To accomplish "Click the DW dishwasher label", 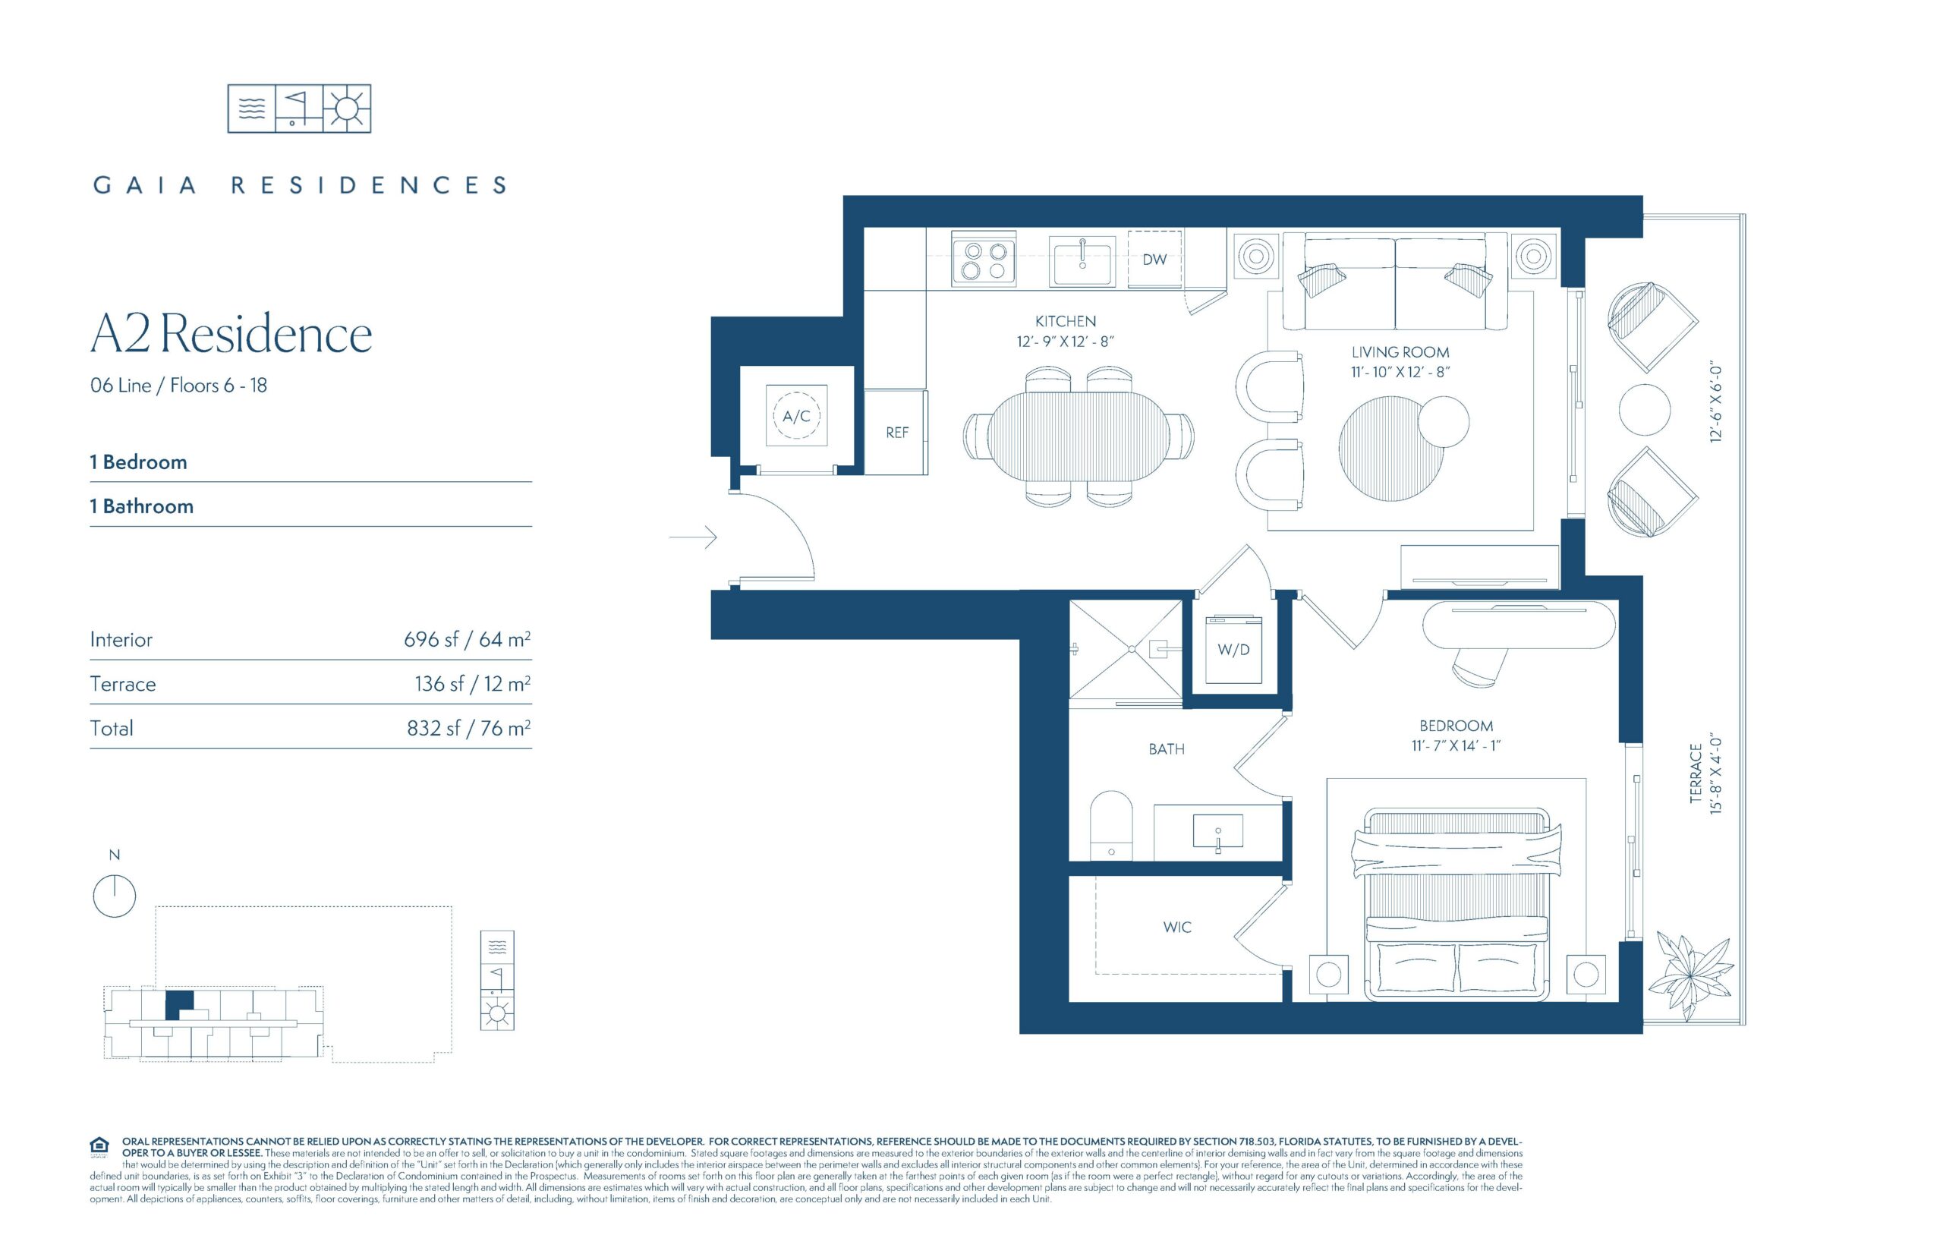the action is click(1154, 260).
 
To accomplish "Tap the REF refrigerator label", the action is click(897, 433).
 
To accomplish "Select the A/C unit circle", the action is click(796, 415).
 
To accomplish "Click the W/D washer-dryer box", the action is click(1233, 650).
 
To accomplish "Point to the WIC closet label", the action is click(1176, 928).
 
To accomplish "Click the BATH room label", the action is click(1166, 749).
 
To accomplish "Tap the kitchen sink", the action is click(1082, 261).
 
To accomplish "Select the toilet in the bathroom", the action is click(1111, 824).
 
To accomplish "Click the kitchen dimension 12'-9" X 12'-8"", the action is click(1065, 342).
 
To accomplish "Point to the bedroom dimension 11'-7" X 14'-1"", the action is click(1456, 745).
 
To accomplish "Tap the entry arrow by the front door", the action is click(693, 537).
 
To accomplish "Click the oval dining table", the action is click(1079, 437).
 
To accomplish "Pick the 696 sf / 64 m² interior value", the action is click(467, 639).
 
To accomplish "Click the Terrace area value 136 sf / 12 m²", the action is click(473, 683).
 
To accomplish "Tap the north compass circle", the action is click(115, 896).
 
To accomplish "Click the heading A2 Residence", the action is click(231, 334).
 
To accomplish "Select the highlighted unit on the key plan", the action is click(181, 1005).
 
